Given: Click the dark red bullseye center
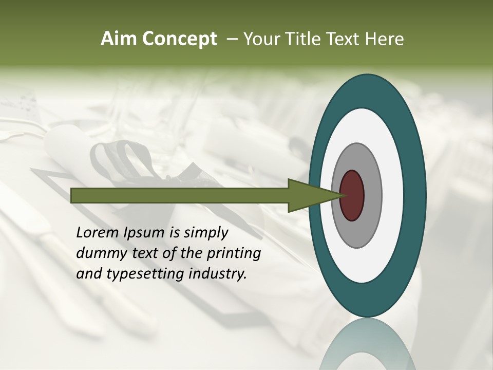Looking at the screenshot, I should coord(352,195).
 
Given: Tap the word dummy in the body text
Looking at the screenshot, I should coord(99,253).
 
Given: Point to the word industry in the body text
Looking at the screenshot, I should coord(218,274).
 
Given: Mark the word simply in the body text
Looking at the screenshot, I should coord(205,233).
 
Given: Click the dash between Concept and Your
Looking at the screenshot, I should coord(232,40).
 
